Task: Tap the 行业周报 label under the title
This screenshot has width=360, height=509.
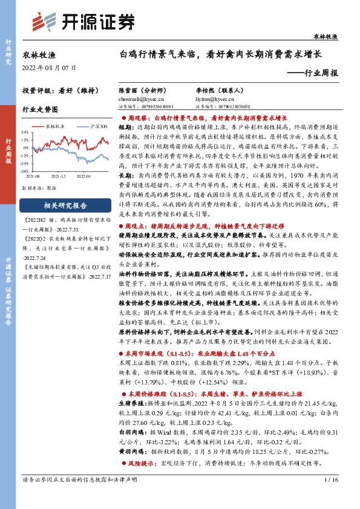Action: pyautogui.click(x=312, y=72)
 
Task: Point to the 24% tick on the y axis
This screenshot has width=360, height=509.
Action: pyautogui.click(x=26, y=132)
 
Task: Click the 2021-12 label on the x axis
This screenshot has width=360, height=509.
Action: pyautogui.click(x=59, y=175)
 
